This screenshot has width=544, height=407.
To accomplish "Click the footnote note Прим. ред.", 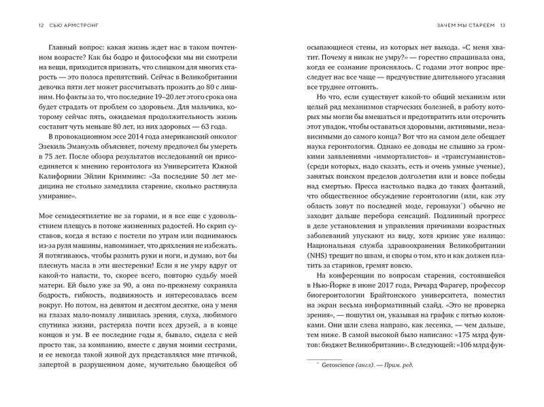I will (x=398, y=365).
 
